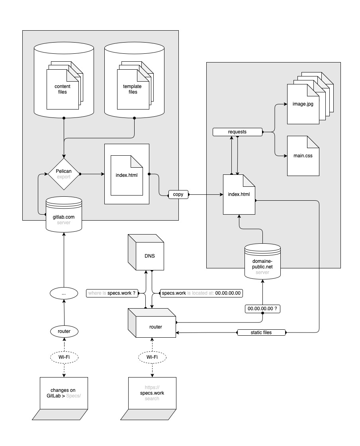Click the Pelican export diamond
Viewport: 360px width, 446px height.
coord(64,174)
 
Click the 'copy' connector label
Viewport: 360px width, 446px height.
coord(178,194)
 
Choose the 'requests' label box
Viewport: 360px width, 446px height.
coord(237,132)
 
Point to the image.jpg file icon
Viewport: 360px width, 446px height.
coord(303,104)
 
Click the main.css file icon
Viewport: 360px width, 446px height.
coord(303,156)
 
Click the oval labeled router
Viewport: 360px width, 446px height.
coord(64,331)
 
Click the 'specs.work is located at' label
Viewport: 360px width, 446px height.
coord(201,293)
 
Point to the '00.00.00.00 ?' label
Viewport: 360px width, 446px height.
coord(262,309)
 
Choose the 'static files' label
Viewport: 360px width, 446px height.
coord(261,332)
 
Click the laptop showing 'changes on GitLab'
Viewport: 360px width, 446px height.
coord(64,398)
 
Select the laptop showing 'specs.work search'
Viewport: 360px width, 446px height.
coord(152,398)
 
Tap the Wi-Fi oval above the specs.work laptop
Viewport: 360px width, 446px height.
coord(152,357)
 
